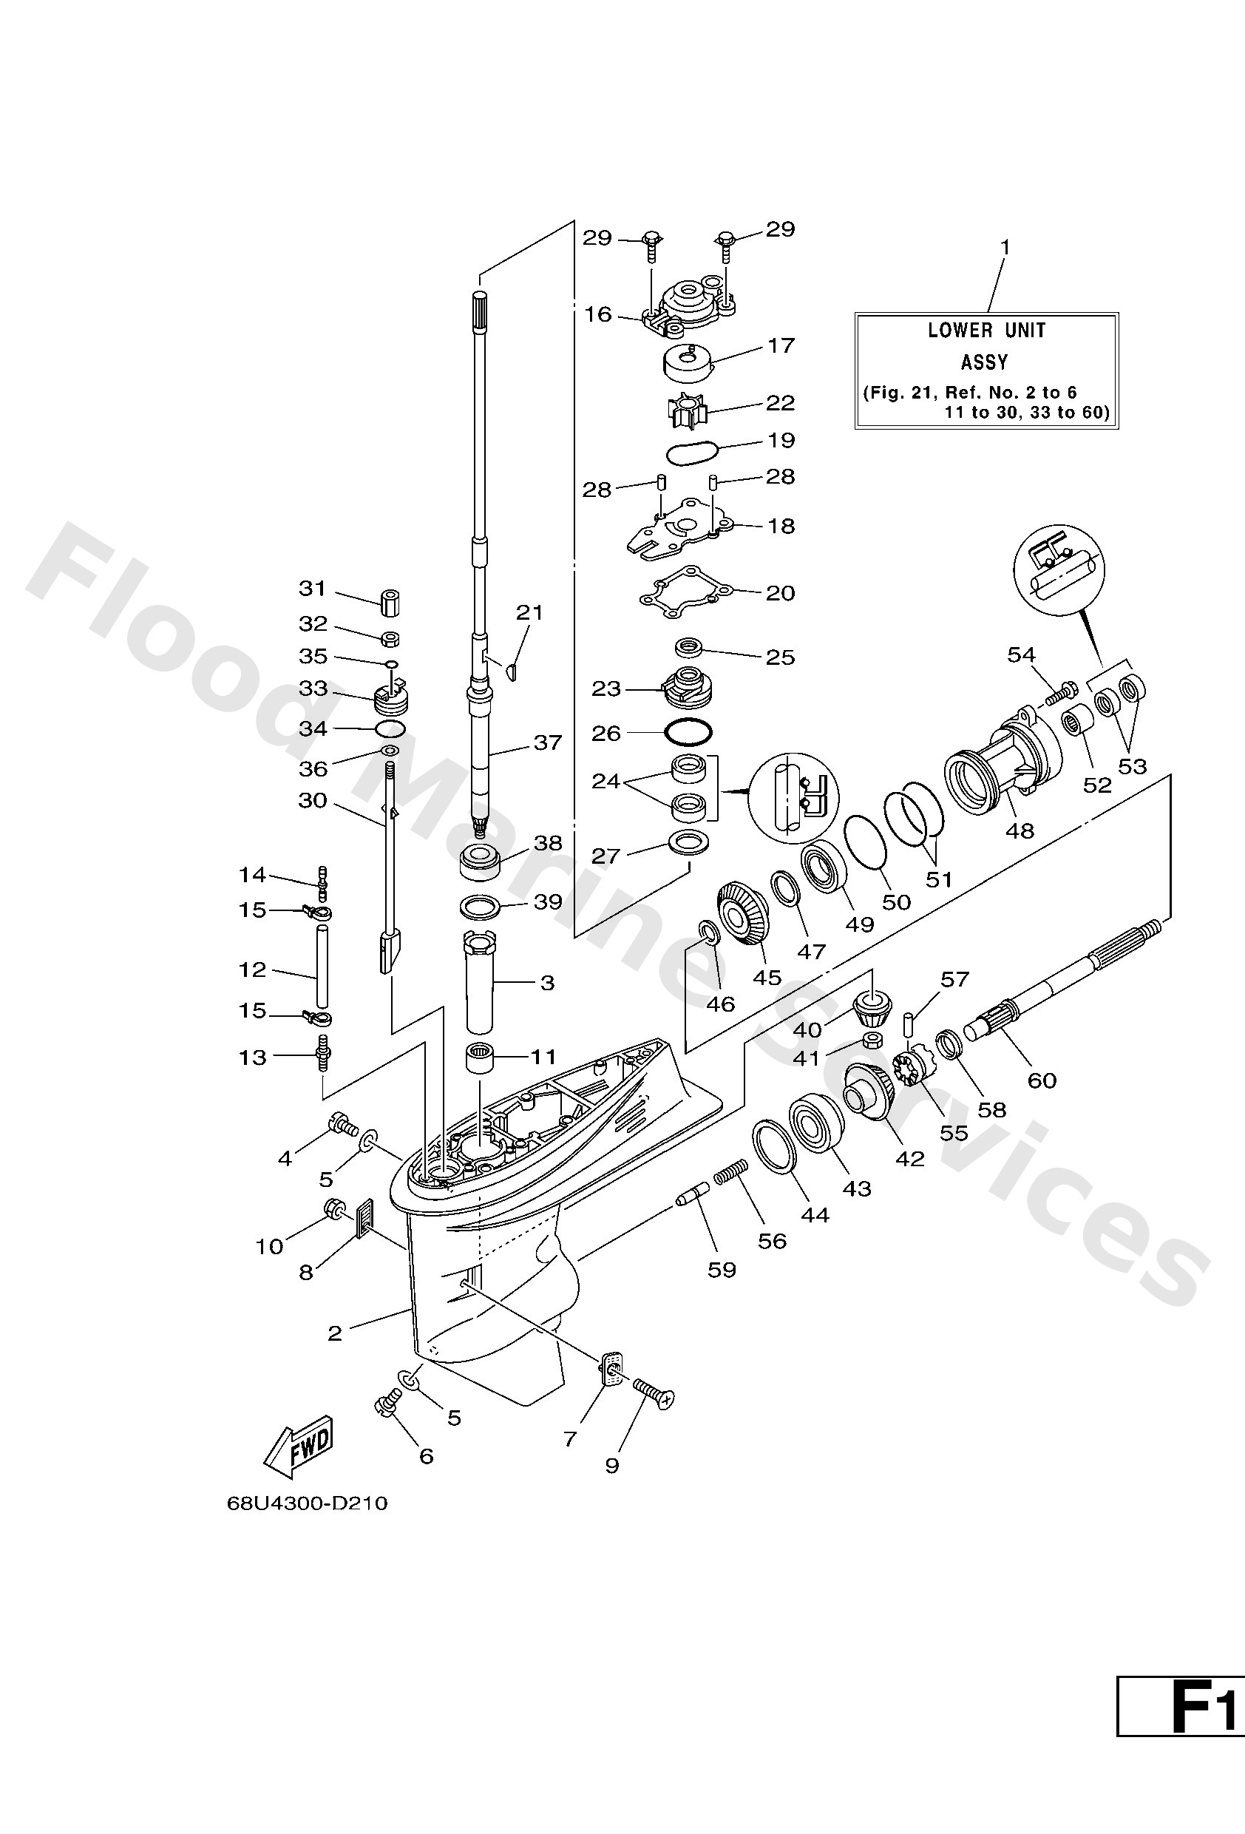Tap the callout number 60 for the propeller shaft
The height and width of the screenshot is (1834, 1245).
(x=1042, y=1080)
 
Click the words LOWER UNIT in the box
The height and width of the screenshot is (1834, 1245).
(x=986, y=331)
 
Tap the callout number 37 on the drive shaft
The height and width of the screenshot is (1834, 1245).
(x=548, y=742)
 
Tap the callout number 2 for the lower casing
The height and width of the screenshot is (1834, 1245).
(x=334, y=1333)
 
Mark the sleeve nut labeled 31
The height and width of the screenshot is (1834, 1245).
(x=389, y=602)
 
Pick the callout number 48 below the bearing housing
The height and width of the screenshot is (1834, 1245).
(x=1020, y=830)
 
